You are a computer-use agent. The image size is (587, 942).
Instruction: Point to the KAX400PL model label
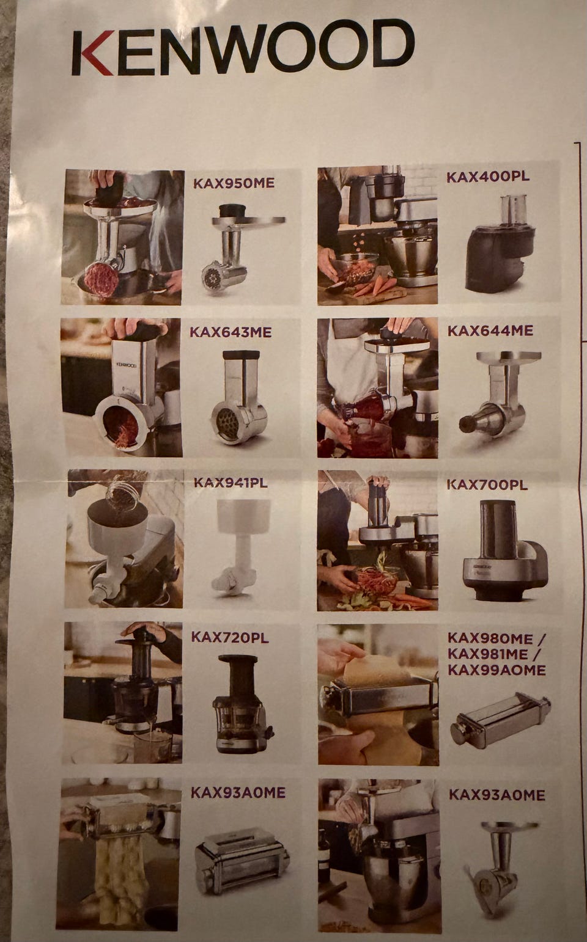(x=488, y=177)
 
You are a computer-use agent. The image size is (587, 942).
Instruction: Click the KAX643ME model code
(x=231, y=332)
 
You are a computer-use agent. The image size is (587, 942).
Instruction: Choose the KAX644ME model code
(x=490, y=330)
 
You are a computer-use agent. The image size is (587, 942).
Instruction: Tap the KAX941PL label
(x=231, y=483)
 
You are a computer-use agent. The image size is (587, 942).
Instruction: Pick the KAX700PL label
(x=487, y=484)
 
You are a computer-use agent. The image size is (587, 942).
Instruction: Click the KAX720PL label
(x=230, y=637)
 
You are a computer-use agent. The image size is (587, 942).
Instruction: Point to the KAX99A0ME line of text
(x=497, y=670)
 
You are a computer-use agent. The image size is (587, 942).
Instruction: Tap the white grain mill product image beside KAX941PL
(x=238, y=547)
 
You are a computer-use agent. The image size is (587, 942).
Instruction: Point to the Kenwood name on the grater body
(x=125, y=365)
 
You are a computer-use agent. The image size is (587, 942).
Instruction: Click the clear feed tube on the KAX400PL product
(x=514, y=210)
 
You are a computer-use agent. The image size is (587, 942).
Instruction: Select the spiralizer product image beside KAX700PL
(x=506, y=552)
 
